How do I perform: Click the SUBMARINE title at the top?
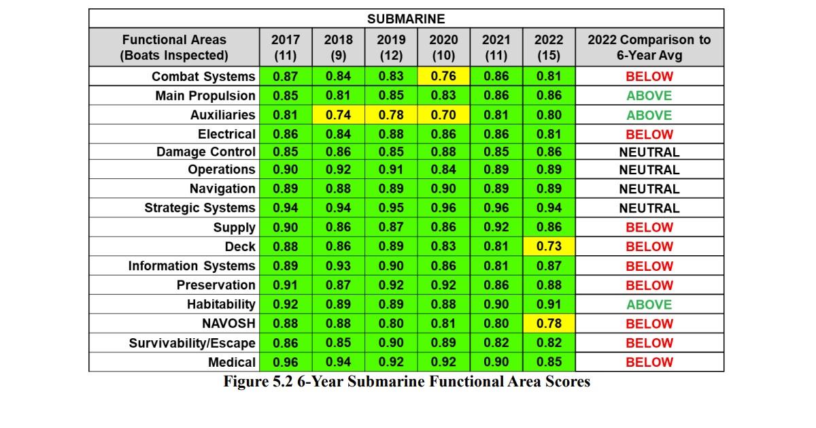point(406,18)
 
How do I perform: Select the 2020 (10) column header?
point(443,48)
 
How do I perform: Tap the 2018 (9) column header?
point(339,48)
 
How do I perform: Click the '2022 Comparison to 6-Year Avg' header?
point(649,48)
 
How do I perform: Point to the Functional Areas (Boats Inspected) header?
point(174,48)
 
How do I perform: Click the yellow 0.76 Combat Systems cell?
point(443,76)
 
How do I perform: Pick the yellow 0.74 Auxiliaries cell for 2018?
point(339,115)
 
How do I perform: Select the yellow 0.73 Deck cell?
point(549,246)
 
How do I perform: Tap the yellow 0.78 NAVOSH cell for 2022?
point(549,323)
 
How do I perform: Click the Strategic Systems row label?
point(200,208)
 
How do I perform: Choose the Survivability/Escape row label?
point(192,343)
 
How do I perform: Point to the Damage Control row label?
point(206,152)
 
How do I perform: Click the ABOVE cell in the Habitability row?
point(649,304)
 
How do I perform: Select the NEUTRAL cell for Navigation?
point(649,189)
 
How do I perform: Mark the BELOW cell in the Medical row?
point(649,362)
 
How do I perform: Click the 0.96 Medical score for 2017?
point(286,362)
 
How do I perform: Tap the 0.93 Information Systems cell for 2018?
point(339,266)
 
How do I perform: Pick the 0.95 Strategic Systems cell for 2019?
point(391,208)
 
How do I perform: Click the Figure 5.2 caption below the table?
point(407,382)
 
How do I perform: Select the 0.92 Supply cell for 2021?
point(496,227)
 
